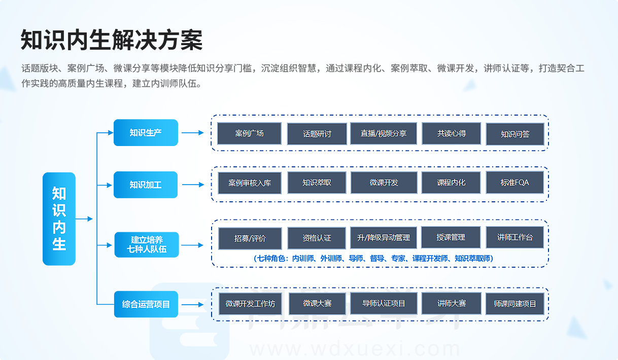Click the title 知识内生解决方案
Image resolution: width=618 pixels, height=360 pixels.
point(112,40)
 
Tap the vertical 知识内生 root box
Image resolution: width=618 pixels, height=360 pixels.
point(59,219)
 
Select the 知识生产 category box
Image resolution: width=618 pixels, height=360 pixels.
point(146,132)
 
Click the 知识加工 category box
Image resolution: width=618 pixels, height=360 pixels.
point(146,185)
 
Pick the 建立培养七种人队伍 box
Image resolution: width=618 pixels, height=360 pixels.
point(147,245)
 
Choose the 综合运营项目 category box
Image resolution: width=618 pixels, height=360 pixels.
point(146,304)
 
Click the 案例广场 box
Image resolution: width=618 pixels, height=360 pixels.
point(250,133)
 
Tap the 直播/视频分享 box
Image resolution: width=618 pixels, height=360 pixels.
point(384,133)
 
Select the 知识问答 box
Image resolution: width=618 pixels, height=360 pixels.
point(515,134)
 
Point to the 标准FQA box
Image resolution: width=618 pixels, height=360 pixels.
point(515,183)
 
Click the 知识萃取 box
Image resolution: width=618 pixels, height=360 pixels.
point(317,183)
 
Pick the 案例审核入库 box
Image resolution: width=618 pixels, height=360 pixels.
point(250,183)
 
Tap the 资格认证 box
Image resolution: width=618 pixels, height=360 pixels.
point(317,238)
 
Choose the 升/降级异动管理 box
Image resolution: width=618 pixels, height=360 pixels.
point(384,238)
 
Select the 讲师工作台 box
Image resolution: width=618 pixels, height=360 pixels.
point(515,237)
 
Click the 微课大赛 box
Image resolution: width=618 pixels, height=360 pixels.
point(317,304)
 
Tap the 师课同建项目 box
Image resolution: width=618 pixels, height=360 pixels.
point(515,304)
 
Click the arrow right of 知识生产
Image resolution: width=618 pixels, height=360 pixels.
point(193,132)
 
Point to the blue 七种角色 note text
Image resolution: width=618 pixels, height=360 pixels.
point(373,259)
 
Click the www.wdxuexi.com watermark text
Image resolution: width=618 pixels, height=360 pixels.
point(355,349)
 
